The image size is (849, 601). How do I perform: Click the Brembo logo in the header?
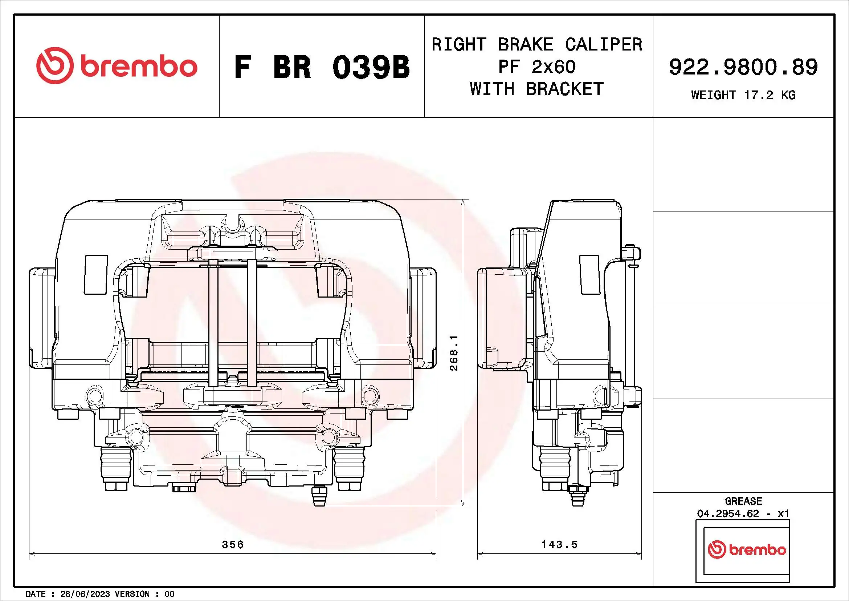coord(117,66)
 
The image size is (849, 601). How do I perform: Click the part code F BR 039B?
coord(322,67)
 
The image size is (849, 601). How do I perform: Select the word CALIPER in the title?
coord(604,45)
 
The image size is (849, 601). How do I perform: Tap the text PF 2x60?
coord(536,67)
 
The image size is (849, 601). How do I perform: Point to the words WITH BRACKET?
coord(536,89)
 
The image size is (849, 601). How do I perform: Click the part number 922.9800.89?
coord(743,67)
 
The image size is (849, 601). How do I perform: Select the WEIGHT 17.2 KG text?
coord(743,95)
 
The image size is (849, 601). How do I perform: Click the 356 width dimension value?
coord(233,544)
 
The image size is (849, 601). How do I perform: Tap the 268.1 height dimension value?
coord(454,353)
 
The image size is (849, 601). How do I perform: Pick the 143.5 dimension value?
coord(559,544)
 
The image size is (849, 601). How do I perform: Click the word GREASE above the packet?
coord(743,501)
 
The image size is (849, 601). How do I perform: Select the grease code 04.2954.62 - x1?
coord(743,514)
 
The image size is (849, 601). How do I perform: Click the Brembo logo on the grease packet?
coord(747,549)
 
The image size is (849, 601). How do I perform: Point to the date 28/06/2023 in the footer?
coord(85,594)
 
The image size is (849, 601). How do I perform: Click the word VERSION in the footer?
coord(132,594)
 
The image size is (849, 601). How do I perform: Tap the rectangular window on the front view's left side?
coord(96,274)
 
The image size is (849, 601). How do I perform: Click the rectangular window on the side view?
coord(589,274)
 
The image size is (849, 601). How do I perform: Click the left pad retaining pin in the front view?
coord(213,322)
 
